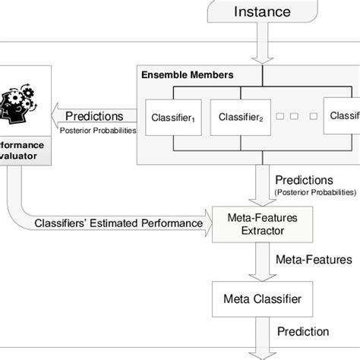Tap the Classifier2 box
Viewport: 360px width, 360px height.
242,117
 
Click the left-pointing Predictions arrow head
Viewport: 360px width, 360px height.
55,116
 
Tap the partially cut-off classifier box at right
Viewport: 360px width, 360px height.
342,117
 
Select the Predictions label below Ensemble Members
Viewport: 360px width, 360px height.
303,180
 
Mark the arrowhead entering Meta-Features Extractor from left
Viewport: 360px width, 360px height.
210,225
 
